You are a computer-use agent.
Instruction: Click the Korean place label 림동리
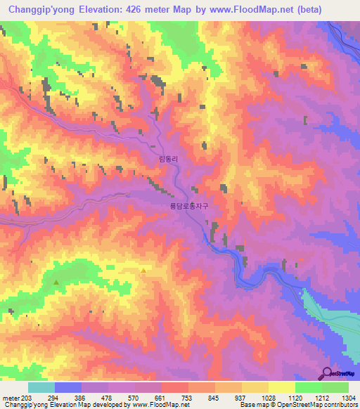[x=170, y=160]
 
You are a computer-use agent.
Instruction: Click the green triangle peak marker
[x=56, y=283]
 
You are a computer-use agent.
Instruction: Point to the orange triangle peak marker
[x=143, y=271]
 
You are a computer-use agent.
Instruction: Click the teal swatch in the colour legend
[x=41, y=387]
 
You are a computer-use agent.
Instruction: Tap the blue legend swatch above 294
[x=67, y=387]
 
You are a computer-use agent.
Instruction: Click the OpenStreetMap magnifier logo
[x=328, y=373]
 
